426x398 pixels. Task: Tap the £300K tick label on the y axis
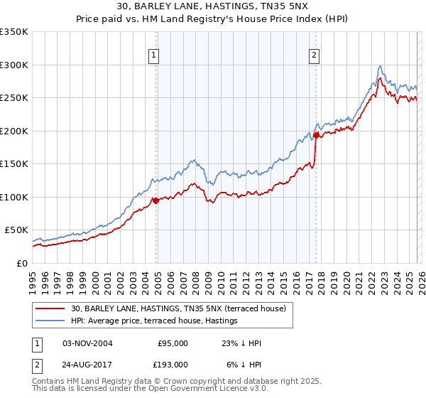[14, 65]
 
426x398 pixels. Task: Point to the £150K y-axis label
[14, 163]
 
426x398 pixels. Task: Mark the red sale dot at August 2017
[316, 135]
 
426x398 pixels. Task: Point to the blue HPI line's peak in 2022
[381, 66]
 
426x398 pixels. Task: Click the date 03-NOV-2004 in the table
[87, 343]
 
